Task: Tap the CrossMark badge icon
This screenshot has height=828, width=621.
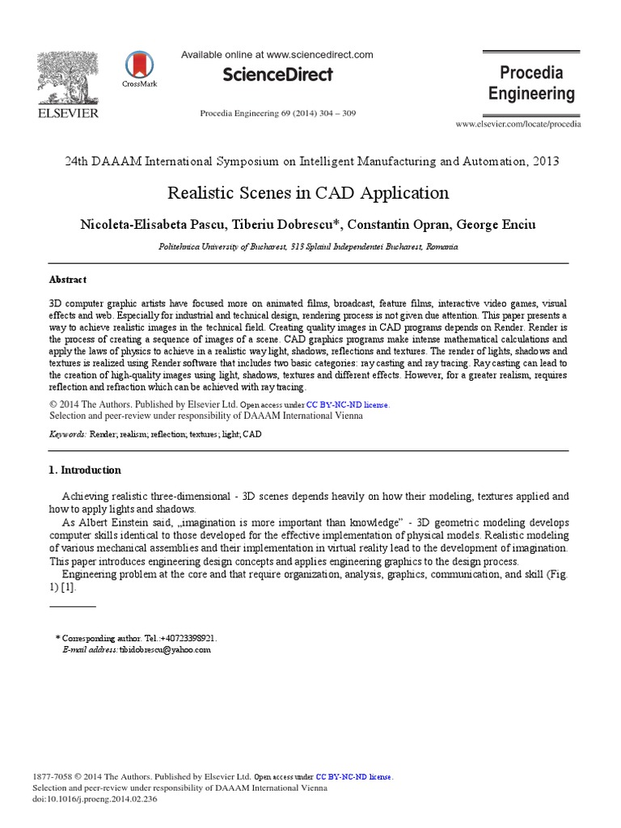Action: [139, 65]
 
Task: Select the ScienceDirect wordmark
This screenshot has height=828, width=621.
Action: [277, 74]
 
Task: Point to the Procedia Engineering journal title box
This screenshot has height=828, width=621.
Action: [531, 83]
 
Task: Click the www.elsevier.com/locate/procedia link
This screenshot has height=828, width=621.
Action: [517, 124]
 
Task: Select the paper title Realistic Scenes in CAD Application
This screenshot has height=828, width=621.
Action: [307, 193]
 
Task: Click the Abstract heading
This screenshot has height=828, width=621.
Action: [68, 279]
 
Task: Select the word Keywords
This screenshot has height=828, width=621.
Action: [68, 434]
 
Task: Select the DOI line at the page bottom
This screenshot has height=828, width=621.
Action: [95, 799]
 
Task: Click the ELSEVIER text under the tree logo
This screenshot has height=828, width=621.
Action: [68, 113]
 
